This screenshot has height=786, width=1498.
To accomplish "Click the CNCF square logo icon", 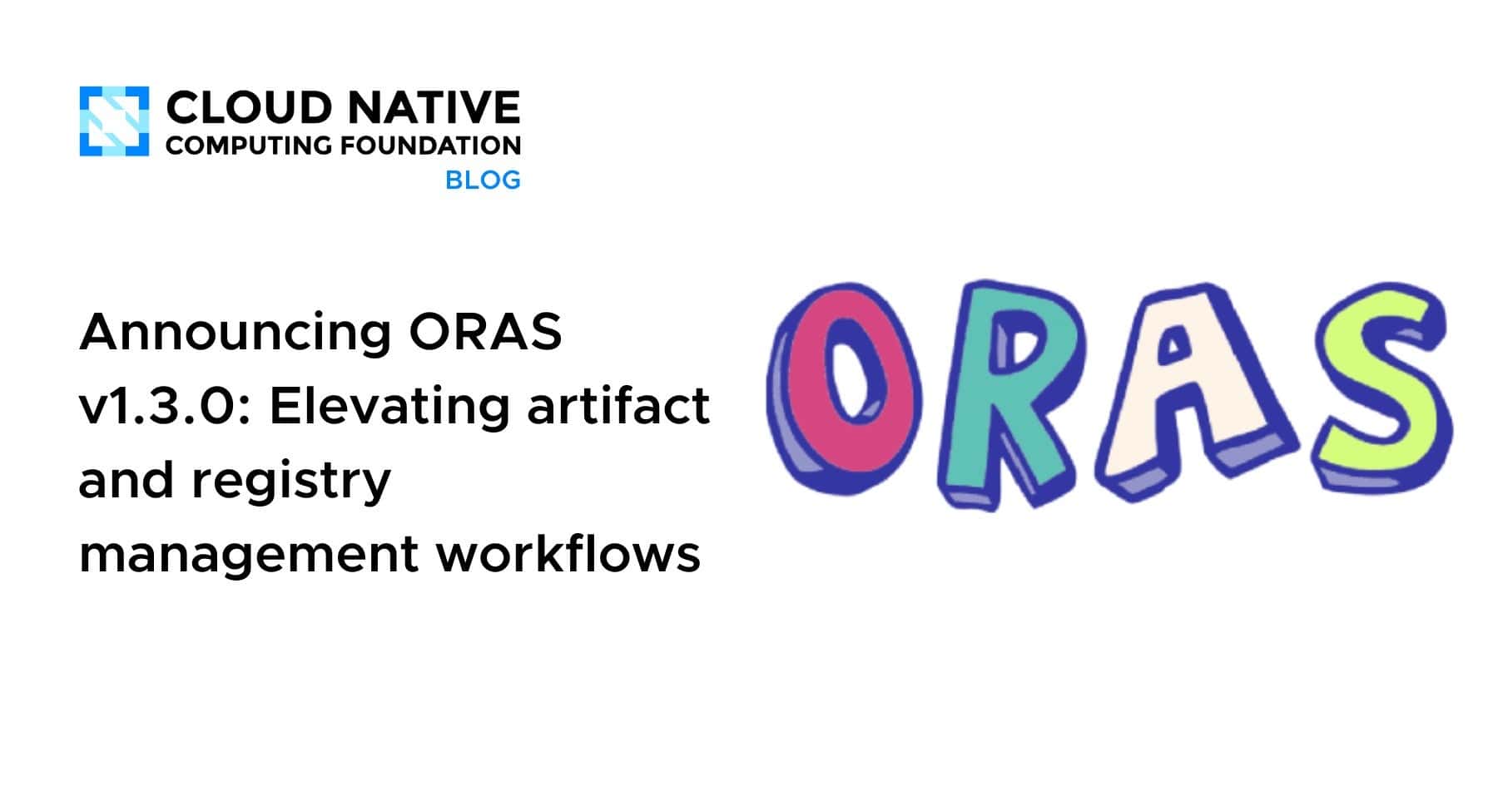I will (x=114, y=121).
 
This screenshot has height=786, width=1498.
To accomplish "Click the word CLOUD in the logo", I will (x=249, y=109).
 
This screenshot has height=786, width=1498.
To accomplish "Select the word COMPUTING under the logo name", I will (x=249, y=146).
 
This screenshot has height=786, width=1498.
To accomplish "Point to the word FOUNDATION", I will (x=430, y=146).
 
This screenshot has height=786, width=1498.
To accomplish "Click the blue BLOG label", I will (x=483, y=180).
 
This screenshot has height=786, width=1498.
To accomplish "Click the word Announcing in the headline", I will (x=235, y=332).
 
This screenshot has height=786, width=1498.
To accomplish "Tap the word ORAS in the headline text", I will (x=485, y=332).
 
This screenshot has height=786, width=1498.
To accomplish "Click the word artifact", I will (x=618, y=406).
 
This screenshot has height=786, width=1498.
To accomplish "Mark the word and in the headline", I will (x=125, y=480).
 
